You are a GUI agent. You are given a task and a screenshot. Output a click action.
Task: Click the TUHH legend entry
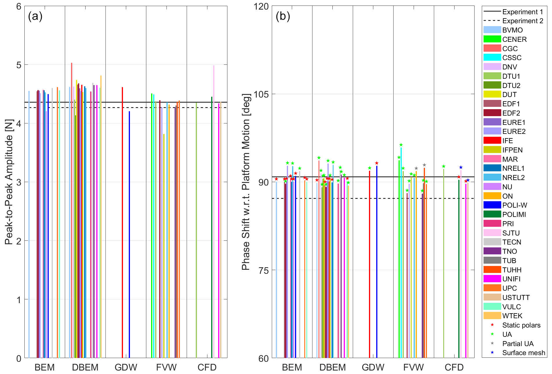tap(512, 270)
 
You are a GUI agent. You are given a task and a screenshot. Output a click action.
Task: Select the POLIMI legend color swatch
tap(492, 214)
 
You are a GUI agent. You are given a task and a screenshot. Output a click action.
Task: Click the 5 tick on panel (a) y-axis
tap(19, 65)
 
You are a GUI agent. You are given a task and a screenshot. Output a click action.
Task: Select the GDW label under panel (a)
tap(126, 367)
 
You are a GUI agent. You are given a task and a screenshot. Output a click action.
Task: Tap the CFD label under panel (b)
tap(454, 367)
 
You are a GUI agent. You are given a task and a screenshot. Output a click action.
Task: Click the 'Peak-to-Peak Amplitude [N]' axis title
tap(9, 182)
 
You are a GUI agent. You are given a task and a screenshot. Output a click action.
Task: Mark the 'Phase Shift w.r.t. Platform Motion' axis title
tap(246, 182)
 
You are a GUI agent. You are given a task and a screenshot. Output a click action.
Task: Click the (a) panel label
tap(35, 16)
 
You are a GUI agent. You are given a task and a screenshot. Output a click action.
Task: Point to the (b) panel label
tap(283, 16)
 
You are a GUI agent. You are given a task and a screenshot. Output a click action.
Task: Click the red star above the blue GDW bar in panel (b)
tap(377, 163)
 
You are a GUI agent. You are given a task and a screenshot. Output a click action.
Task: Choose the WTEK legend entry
tap(512, 316)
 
